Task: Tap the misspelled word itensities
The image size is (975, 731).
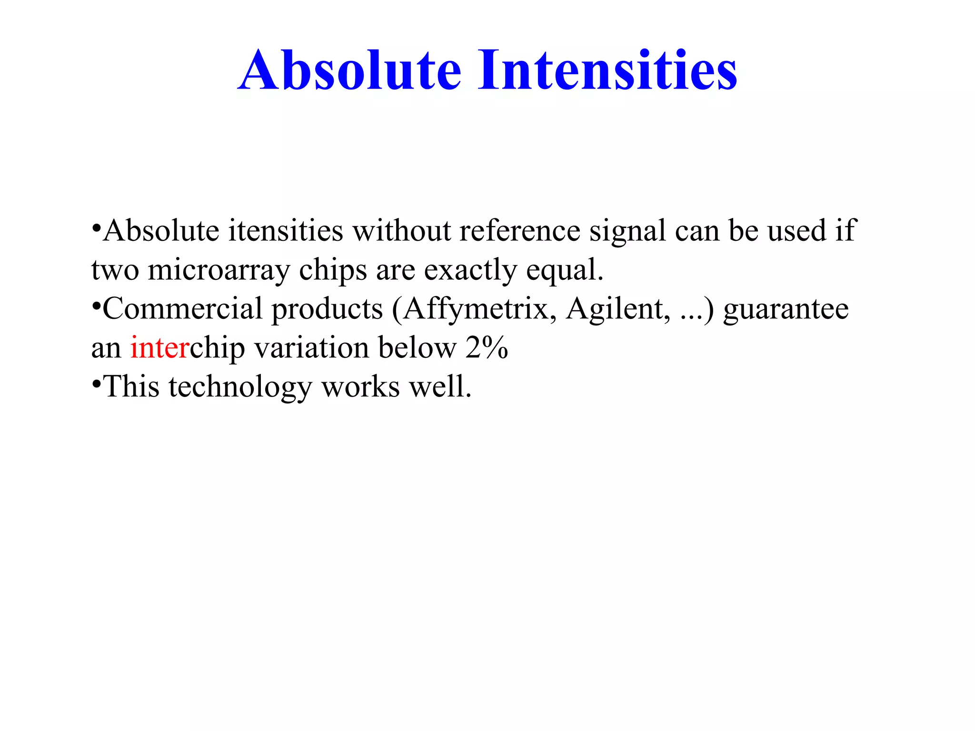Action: [286, 231]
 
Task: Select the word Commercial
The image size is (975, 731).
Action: [183, 309]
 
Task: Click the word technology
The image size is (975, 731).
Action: [240, 387]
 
